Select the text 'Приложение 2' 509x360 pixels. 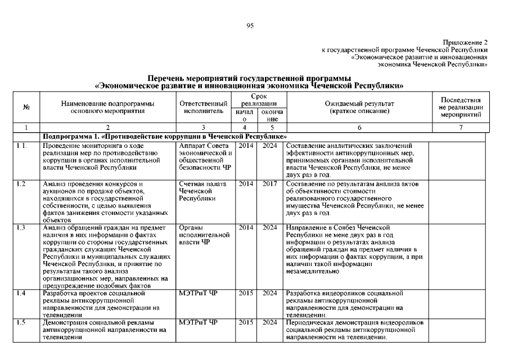(465, 43)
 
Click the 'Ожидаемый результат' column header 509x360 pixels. (359, 107)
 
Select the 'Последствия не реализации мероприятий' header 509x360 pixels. (461, 107)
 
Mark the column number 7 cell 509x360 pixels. (461, 128)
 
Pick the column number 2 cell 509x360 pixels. (107, 128)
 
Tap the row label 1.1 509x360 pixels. (21, 146)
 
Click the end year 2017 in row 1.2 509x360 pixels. (269, 184)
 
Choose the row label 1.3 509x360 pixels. (21, 228)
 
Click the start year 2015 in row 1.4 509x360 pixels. (245, 293)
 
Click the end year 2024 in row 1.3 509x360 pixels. (269, 228)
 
